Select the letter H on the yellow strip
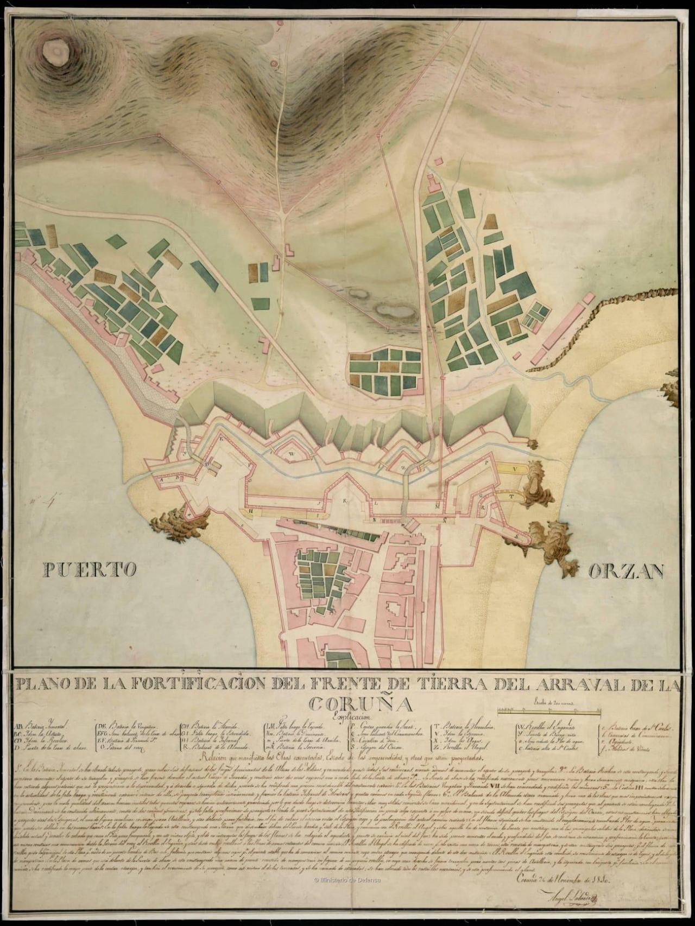click(x=251, y=511)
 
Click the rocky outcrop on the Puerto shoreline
click(x=180, y=524)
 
